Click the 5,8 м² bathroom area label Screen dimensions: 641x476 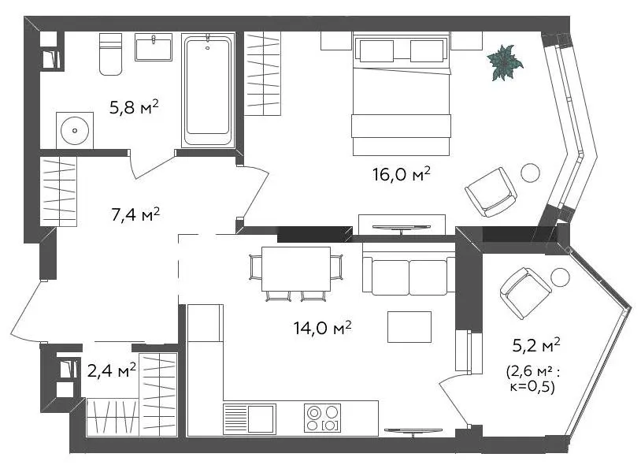134,107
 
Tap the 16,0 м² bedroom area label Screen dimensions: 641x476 401,174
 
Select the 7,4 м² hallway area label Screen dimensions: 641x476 135,214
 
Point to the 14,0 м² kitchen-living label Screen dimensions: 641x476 322,327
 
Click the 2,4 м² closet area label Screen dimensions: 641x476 112,371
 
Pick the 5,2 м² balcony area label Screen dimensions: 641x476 536,345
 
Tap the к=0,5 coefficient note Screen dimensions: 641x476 532,386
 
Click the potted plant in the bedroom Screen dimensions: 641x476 505,62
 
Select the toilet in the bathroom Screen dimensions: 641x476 110,54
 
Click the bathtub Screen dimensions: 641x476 208,91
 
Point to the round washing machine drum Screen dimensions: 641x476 74,131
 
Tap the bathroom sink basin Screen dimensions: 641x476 154,47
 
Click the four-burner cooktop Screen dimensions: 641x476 322,418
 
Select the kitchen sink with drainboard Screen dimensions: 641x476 250,418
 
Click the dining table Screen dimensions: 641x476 296,269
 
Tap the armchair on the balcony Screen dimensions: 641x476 526,292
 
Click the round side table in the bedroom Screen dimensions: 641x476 530,173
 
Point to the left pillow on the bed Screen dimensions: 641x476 376,51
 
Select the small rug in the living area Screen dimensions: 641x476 409,326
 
